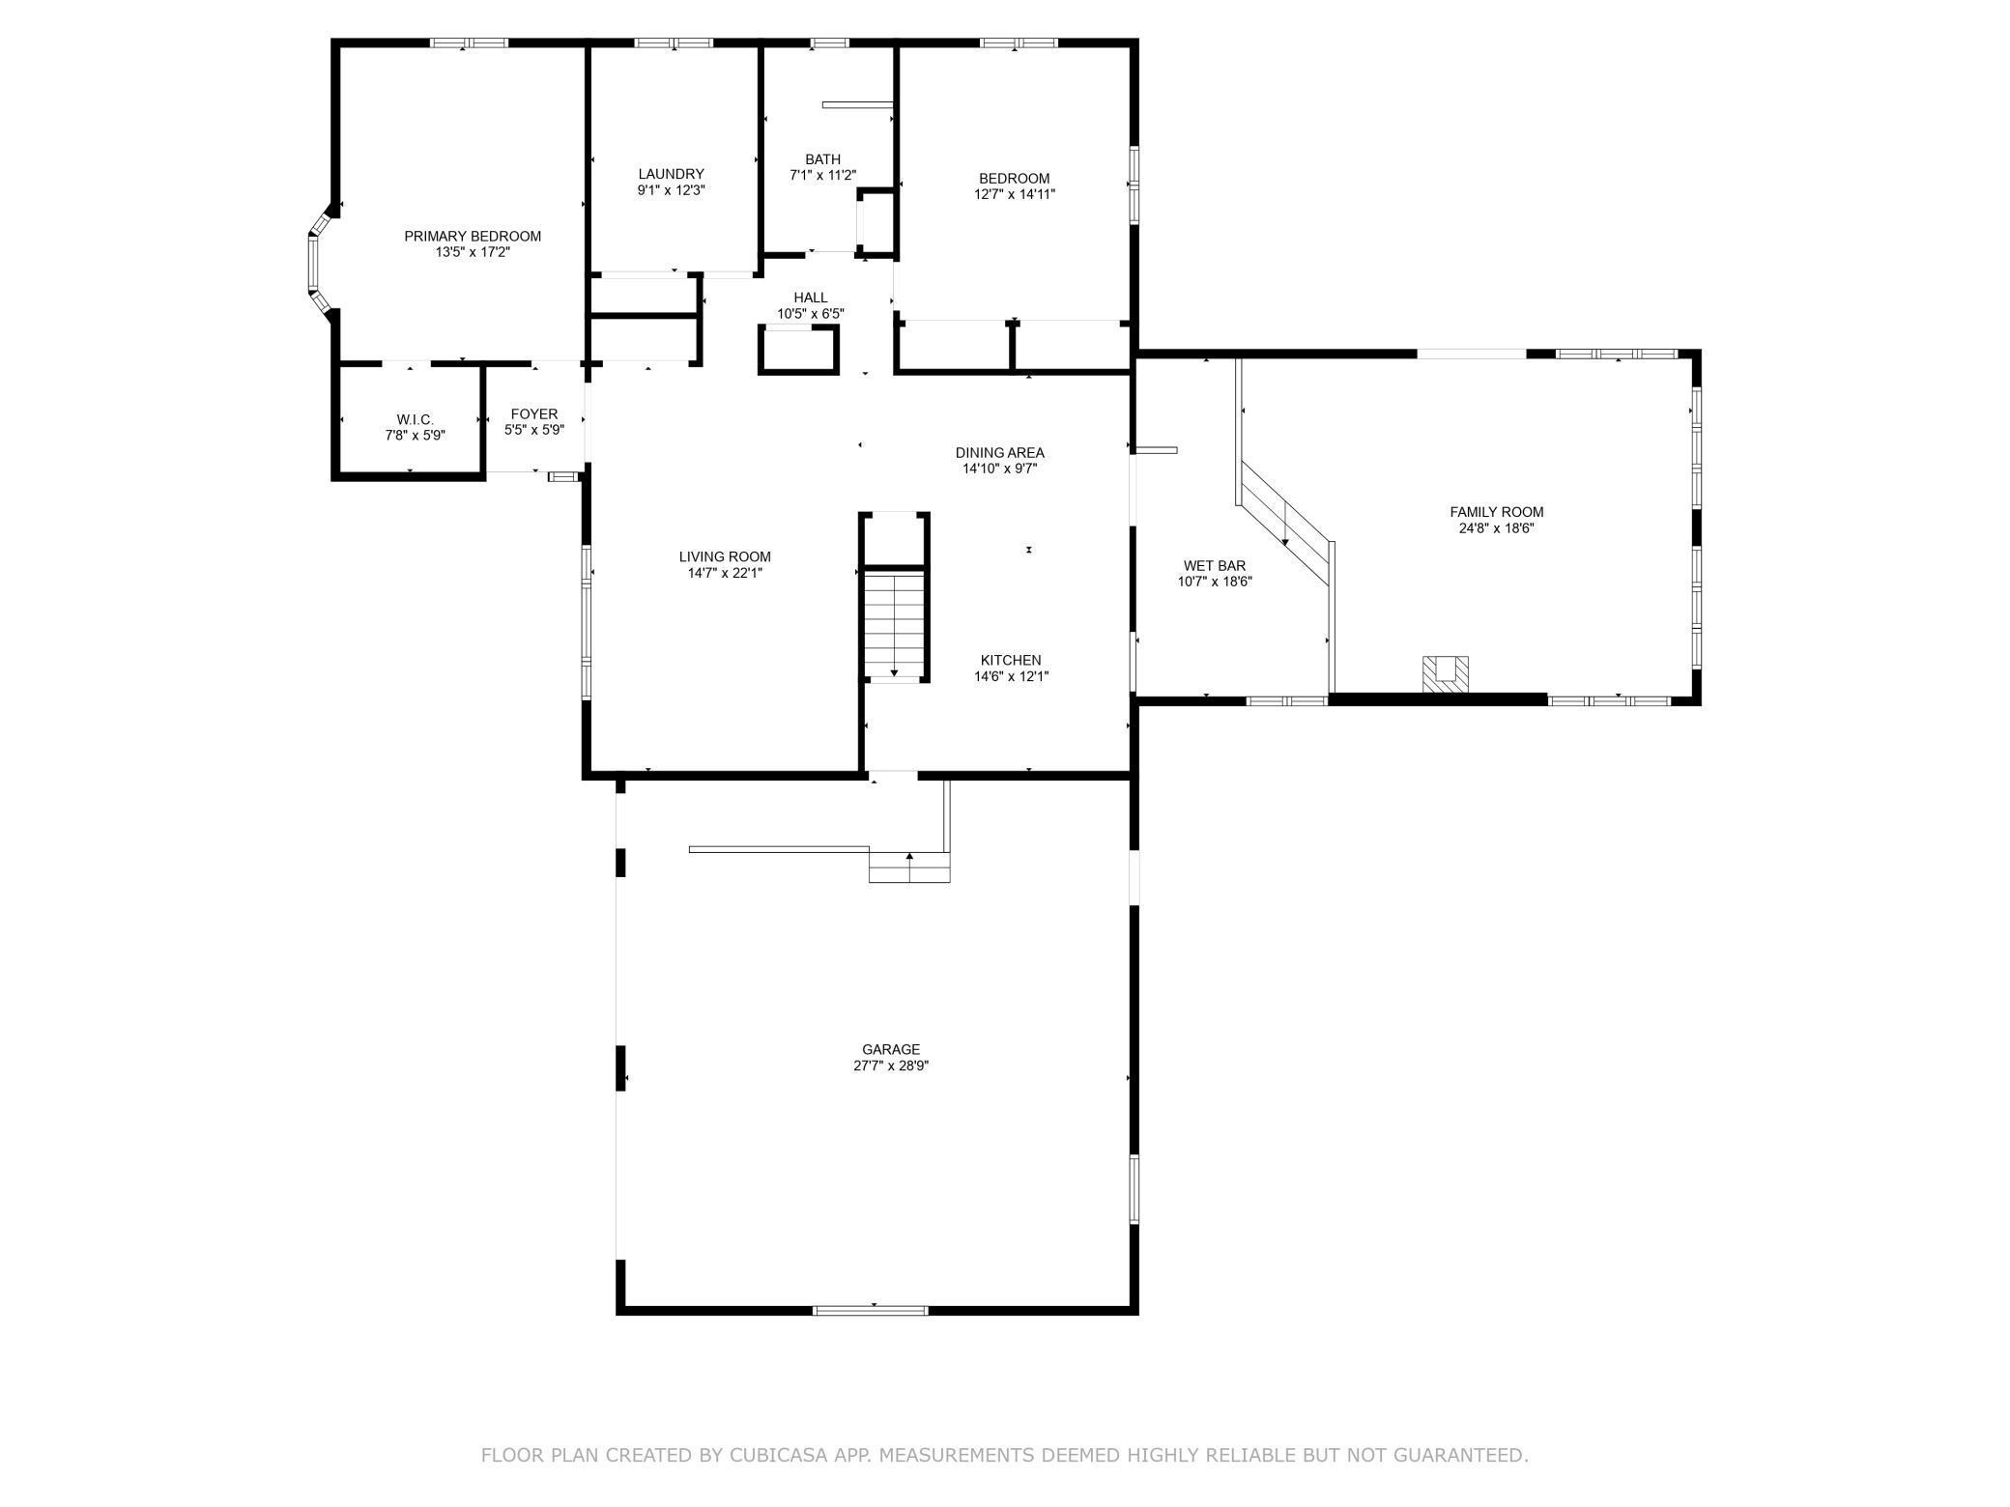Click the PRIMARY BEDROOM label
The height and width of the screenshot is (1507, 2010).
(473, 236)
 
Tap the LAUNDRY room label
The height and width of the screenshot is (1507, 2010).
(671, 175)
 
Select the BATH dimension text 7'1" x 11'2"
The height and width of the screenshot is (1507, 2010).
(823, 176)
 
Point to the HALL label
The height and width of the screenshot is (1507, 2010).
(811, 298)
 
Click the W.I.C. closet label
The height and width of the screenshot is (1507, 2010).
(416, 419)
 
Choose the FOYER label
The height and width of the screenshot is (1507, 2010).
(534, 414)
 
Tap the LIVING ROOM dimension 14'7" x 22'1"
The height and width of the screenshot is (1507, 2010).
(725, 573)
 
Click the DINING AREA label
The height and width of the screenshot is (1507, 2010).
(1000, 452)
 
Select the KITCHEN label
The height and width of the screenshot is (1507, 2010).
(1012, 661)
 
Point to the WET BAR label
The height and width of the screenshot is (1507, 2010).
(1215, 566)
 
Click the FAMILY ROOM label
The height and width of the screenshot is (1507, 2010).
(1497, 512)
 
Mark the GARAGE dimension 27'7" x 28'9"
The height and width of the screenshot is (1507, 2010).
(891, 1066)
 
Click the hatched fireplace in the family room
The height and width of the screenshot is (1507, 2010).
(1445, 673)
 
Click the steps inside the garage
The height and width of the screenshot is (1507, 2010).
(909, 866)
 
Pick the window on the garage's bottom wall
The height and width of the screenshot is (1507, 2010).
(871, 1310)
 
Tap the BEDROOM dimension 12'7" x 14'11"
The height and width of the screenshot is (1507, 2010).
(1015, 194)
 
